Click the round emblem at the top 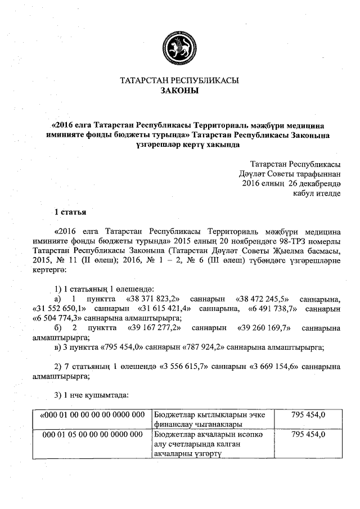click(x=180, y=46)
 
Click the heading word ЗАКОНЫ click(x=180, y=91)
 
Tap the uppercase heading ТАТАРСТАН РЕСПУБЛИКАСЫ click(x=180, y=80)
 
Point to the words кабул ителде click(x=318, y=193)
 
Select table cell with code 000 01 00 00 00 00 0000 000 click(x=93, y=415)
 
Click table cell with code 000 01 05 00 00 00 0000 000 click(x=93, y=435)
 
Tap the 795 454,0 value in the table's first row click(x=308, y=415)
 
